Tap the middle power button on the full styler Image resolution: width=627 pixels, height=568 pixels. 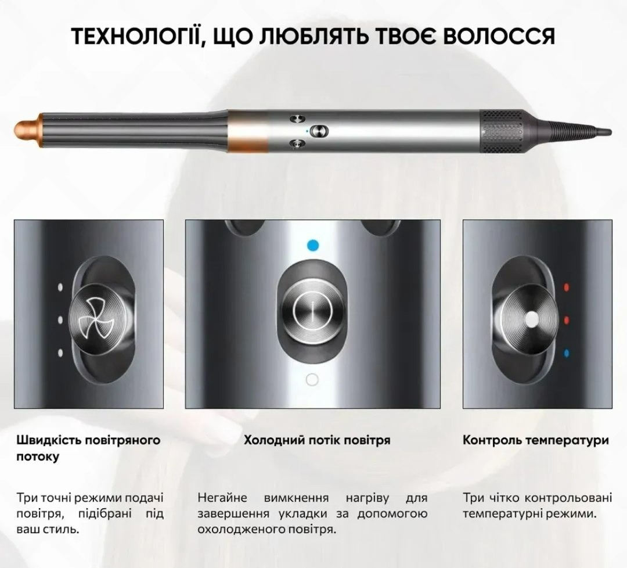click(319, 131)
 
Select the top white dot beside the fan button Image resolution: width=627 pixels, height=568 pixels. click(60, 287)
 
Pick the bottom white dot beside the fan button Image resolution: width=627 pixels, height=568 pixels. click(60, 353)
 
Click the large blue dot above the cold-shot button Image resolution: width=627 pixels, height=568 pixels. click(313, 245)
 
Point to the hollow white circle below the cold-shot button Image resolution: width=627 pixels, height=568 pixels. click(312, 380)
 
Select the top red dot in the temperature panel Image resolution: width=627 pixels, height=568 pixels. click(566, 287)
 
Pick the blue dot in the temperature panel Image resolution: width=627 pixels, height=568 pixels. click(566, 353)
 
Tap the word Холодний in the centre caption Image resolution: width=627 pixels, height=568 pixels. click(275, 440)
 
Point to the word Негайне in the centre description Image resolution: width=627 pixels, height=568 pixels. click(222, 498)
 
